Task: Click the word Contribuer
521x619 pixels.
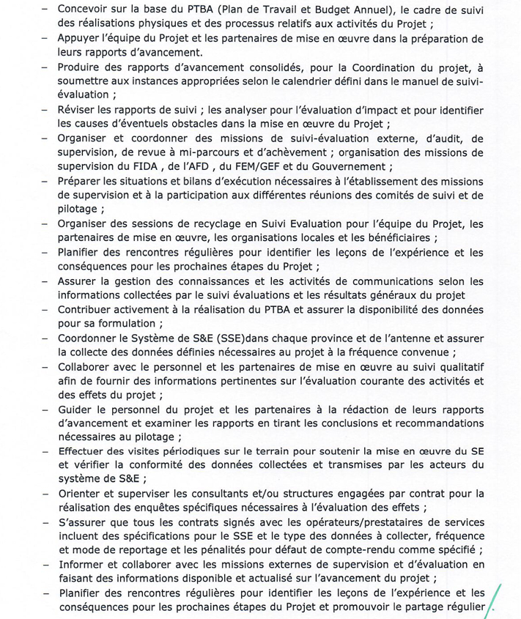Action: click(x=87, y=309)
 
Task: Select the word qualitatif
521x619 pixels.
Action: click(x=458, y=366)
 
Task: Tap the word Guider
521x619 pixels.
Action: click(x=76, y=408)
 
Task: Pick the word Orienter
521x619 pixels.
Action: click(x=81, y=493)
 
